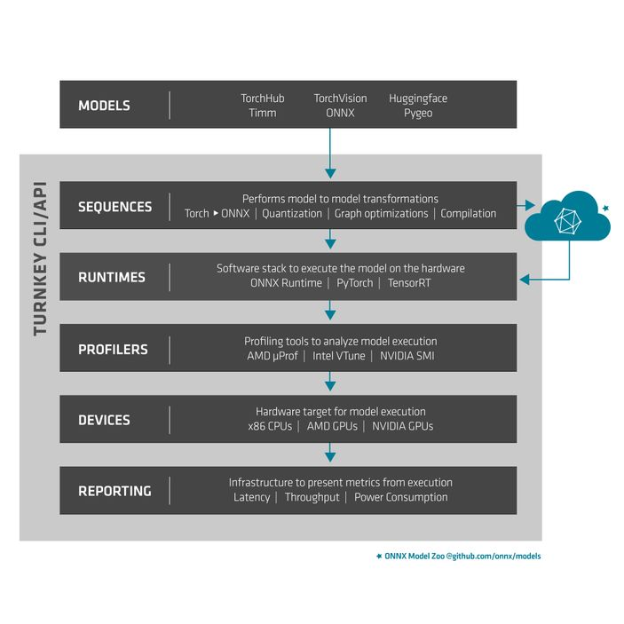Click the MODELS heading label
104,106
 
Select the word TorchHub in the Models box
263,99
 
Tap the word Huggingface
418,99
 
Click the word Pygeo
418,114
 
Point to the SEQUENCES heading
115,207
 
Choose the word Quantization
292,214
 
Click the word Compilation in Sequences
468,214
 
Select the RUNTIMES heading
111,278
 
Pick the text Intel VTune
339,356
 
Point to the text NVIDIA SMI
407,356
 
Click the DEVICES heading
104,420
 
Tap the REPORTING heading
115,491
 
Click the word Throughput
312,497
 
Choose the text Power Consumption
401,497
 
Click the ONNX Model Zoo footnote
458,556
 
